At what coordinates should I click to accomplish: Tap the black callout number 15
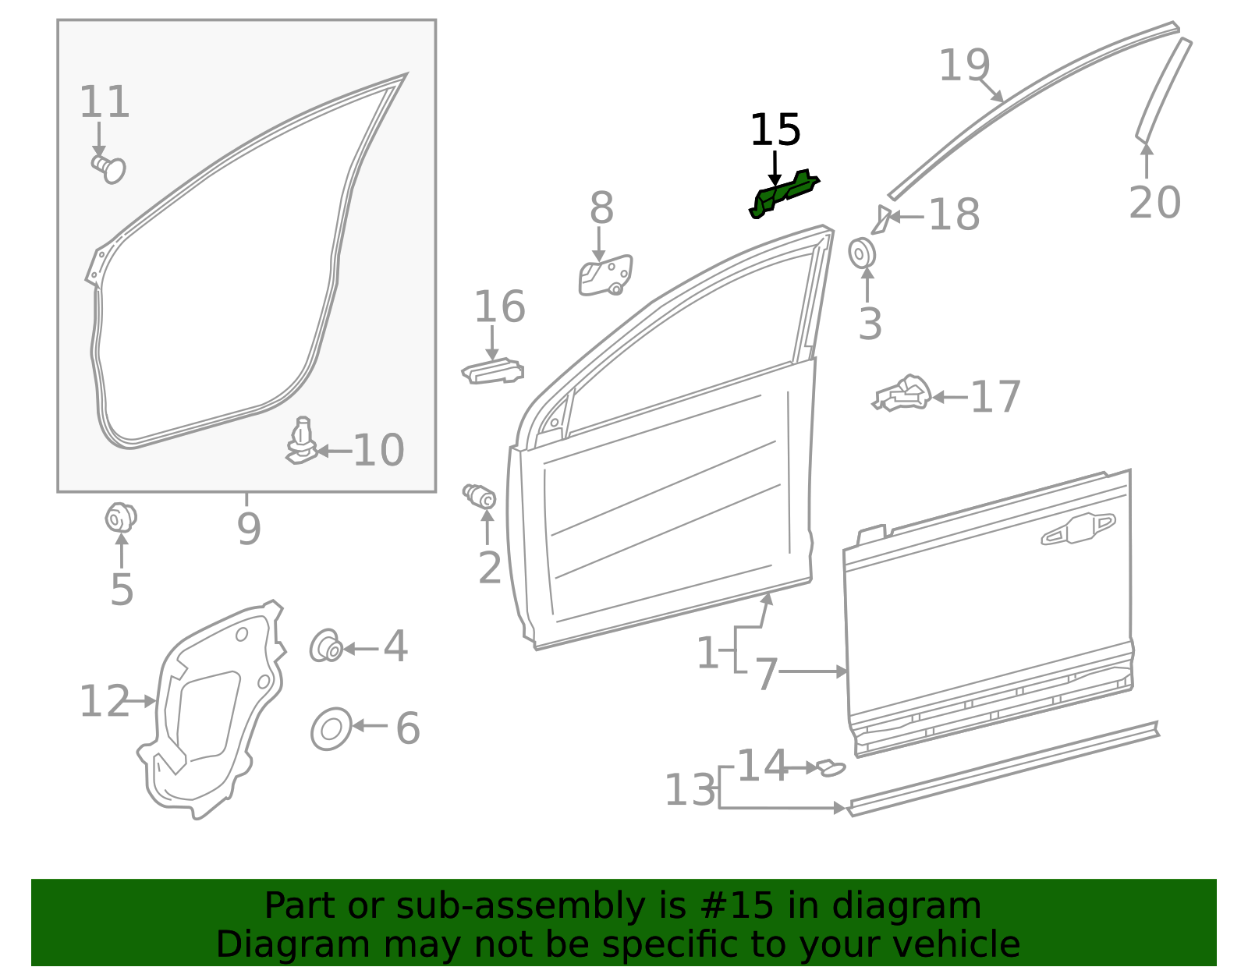[x=775, y=130]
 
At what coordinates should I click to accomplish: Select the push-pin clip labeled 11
[x=109, y=168]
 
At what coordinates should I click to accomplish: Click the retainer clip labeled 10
[x=302, y=442]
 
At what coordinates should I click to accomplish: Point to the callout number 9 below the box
[x=248, y=529]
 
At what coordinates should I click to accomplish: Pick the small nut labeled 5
[x=120, y=518]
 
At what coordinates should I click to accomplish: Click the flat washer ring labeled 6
[x=331, y=729]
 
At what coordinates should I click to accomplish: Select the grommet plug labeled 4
[x=325, y=646]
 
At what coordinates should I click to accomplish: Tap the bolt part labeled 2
[x=480, y=496]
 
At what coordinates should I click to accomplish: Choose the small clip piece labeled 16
[x=492, y=372]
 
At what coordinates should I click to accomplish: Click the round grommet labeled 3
[x=862, y=253]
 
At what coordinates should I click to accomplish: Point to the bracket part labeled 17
[x=903, y=394]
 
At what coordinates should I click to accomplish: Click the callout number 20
[x=1154, y=203]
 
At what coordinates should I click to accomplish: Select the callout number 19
[x=964, y=65]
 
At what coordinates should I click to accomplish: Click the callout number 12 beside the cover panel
[x=105, y=702]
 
